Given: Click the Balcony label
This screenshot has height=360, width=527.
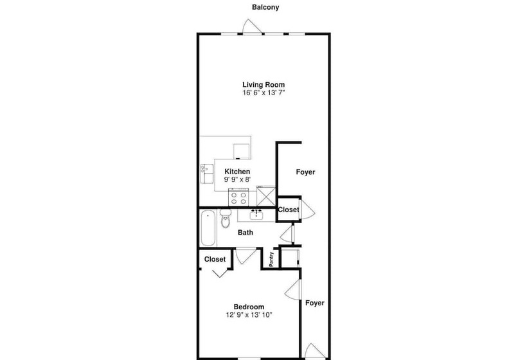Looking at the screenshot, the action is (265, 7).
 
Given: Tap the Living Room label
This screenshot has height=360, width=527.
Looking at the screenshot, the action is (263, 85).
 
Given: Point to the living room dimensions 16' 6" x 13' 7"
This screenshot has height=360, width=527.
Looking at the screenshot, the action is (263, 93).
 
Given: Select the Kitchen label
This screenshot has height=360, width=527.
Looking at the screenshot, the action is (237, 172).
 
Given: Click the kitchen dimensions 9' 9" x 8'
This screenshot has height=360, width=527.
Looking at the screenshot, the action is (237, 179).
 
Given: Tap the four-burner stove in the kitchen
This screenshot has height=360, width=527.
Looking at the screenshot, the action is (238, 197).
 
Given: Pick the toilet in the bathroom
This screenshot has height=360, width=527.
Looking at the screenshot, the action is (225, 219).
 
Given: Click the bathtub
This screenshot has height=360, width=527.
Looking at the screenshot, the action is (208, 228).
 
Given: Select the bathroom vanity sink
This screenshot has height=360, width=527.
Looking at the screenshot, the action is (256, 214).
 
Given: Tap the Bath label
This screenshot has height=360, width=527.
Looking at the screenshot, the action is (246, 233).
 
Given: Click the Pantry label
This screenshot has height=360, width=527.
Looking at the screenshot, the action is (271, 259).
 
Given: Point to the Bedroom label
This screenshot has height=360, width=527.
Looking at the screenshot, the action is (249, 307).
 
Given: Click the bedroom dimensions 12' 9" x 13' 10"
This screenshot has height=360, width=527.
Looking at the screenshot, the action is (249, 315).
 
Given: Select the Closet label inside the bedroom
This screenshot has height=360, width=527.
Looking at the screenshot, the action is (215, 260).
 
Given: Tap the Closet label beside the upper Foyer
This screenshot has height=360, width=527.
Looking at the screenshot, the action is (289, 210).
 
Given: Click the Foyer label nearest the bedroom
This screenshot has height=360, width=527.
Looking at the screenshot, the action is (315, 303).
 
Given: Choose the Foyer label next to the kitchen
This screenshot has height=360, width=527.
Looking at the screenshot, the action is (305, 172).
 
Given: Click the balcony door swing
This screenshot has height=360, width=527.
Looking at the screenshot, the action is (252, 26).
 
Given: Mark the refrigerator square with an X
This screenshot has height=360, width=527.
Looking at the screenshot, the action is (266, 197).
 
